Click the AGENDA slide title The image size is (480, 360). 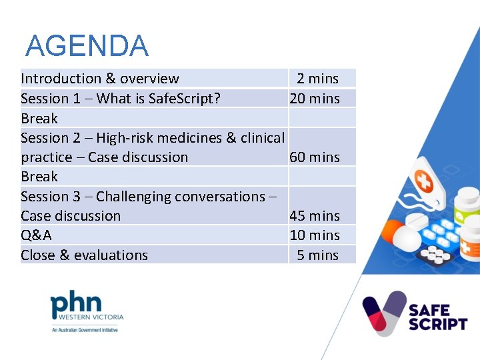pyautogui.click(x=87, y=46)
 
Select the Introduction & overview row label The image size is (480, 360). pyautogui.click(x=100, y=79)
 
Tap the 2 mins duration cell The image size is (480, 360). pyautogui.click(x=317, y=79)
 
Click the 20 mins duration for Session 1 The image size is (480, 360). pyautogui.click(x=314, y=99)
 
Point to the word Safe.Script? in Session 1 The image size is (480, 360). pyautogui.click(x=185, y=99)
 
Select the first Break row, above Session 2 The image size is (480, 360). pyautogui.click(x=39, y=119)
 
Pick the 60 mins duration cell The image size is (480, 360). pyautogui.click(x=314, y=157)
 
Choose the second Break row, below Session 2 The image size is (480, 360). pyautogui.click(x=39, y=177)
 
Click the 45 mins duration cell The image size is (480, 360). pyautogui.click(x=314, y=216)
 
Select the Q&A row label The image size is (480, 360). pyautogui.click(x=36, y=235)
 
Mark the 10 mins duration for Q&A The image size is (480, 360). pyautogui.click(x=314, y=235)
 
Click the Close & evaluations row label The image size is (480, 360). pyautogui.click(x=84, y=255)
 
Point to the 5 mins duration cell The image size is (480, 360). pyautogui.click(x=317, y=255)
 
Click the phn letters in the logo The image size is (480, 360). pyautogui.click(x=77, y=304)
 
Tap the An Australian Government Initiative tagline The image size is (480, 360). pyautogui.click(x=85, y=329)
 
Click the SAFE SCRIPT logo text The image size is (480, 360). pyautogui.click(x=437, y=317)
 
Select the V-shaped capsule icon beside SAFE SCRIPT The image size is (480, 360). pyautogui.click(x=384, y=312)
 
